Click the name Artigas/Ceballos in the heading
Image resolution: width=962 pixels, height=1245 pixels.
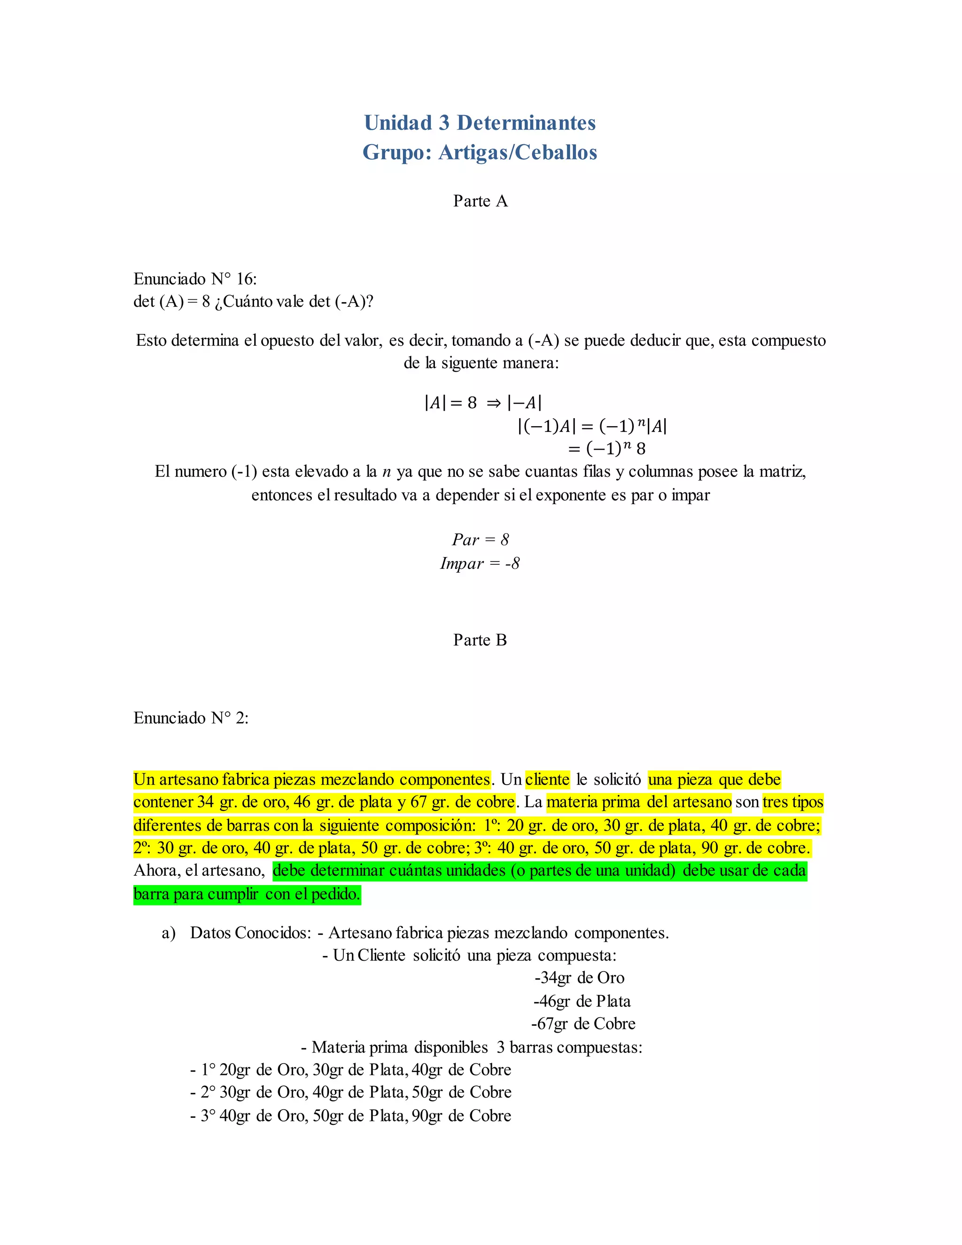[x=518, y=153]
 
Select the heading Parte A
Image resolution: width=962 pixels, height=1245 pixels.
[x=480, y=201]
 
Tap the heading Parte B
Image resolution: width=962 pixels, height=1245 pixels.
[x=480, y=640]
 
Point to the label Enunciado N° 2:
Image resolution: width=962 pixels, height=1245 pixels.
[x=191, y=718]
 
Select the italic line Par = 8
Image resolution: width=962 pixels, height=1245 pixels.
[x=480, y=539]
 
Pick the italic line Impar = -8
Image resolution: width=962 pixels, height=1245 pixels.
[x=480, y=563]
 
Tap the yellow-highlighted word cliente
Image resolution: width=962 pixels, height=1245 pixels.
[x=547, y=779]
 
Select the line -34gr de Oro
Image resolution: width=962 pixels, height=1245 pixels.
[x=579, y=978]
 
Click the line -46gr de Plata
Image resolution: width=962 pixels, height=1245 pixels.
[x=582, y=1001]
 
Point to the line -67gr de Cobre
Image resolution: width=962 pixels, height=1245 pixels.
[x=583, y=1024]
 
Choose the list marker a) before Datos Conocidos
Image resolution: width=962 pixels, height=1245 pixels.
[x=169, y=933]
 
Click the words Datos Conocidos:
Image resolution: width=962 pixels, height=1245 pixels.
[x=251, y=933]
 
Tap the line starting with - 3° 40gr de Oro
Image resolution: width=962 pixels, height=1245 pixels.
[x=350, y=1116]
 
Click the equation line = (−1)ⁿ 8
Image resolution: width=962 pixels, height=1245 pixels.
[x=606, y=449]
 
